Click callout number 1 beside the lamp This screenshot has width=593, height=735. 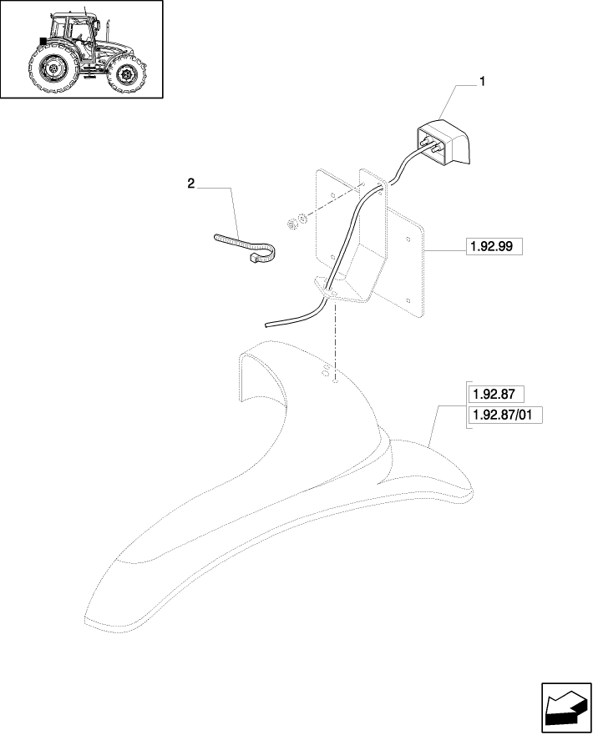(482, 82)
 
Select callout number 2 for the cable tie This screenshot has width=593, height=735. (191, 184)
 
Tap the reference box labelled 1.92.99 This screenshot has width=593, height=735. (494, 247)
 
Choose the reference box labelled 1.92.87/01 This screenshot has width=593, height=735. (505, 415)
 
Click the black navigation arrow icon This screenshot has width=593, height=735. (566, 707)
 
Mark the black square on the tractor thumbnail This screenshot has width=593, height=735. (43, 41)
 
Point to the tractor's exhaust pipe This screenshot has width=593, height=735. (109, 30)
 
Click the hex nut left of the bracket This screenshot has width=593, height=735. (291, 224)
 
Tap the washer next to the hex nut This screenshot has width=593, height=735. (302, 218)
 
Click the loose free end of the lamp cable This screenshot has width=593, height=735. (267, 325)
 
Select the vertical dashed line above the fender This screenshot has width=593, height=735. (335, 340)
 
